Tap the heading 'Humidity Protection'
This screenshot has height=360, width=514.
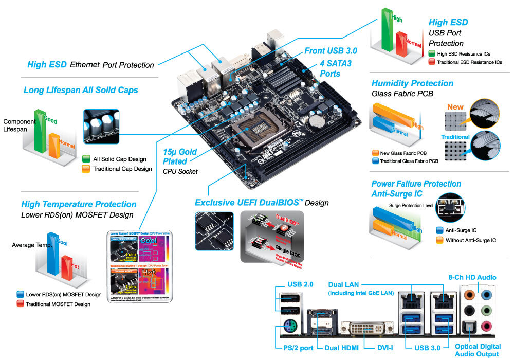tap(412, 83)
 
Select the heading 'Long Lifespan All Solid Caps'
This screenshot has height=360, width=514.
tap(81, 90)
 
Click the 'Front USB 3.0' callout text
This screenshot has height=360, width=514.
tap(331, 51)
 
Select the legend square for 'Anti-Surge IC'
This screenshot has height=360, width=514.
tap(439, 231)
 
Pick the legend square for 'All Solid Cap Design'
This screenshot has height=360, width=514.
tap(86, 159)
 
